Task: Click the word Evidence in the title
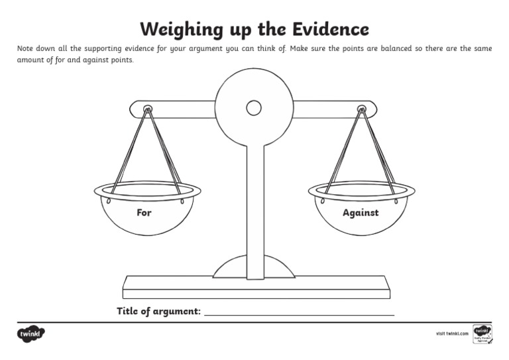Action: pos(327,29)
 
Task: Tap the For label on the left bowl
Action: pos(144,213)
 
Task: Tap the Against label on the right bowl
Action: pos(361,213)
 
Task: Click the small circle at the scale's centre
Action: pos(254,107)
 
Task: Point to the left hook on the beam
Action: pos(148,109)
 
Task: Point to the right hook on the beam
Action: pos(361,109)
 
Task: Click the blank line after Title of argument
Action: pos(299,313)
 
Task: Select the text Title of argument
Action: pos(158,311)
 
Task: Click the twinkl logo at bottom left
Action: pos(30,334)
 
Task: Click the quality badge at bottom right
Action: pos(482,333)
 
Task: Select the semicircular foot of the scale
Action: pos(254,267)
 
